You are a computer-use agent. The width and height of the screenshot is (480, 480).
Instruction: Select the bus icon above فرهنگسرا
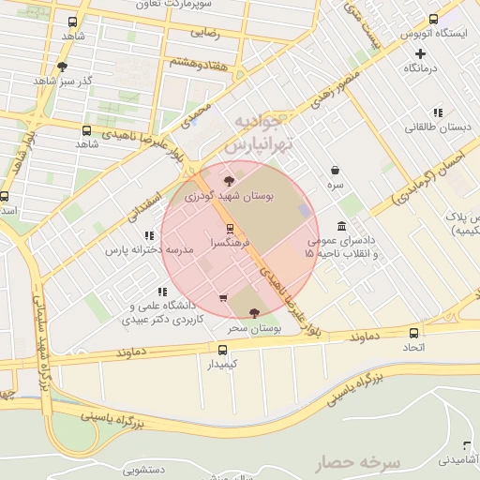(x=230, y=228)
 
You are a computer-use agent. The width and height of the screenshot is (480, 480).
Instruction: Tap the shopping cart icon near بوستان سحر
(x=222, y=299)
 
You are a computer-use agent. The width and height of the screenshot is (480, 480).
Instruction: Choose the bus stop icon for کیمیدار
(x=222, y=349)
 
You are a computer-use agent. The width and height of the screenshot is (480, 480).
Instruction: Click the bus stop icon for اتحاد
(x=414, y=333)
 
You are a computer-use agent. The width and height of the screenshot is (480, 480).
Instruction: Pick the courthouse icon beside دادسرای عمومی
(x=340, y=227)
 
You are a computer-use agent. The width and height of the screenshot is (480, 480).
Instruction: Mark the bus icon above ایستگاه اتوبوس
(x=433, y=19)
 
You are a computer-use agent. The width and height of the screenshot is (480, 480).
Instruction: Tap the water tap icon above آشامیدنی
(x=466, y=444)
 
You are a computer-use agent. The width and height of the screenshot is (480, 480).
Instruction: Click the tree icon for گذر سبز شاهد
(x=62, y=66)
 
